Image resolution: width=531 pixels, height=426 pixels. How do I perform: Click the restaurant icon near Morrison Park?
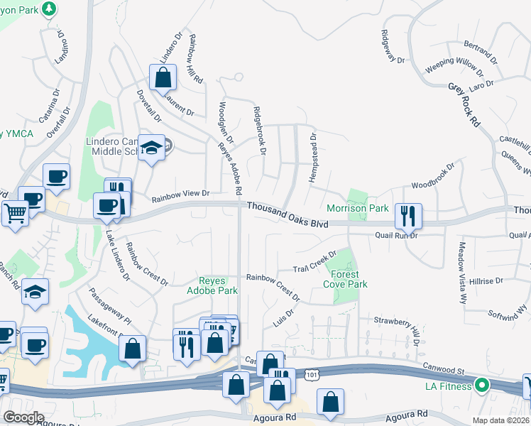407,214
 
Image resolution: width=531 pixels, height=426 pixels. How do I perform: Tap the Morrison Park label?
357,208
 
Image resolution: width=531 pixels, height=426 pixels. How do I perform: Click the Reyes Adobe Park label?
212,285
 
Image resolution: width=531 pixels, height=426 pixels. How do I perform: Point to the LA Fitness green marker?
482,386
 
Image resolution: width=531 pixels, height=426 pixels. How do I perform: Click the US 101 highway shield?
312,373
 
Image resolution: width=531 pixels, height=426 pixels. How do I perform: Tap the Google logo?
24,417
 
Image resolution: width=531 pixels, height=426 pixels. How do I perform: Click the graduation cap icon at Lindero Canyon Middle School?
150,148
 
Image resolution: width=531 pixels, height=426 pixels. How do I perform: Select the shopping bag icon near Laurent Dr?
163,77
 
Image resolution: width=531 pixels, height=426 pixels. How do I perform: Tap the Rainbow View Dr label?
181,192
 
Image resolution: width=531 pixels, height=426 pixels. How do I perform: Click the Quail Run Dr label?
395,235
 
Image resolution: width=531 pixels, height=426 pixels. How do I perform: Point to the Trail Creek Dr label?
314,263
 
